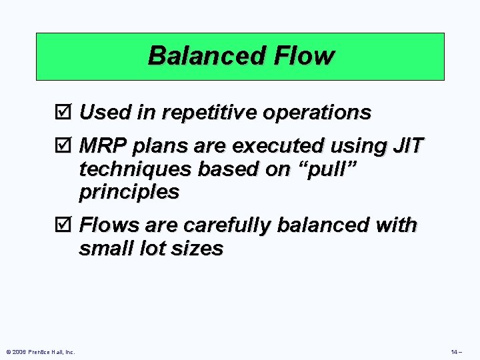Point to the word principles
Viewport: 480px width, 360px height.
click(129, 193)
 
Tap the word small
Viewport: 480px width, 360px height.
click(103, 249)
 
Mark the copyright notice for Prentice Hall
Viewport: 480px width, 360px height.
click(40, 351)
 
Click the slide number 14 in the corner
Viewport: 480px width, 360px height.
click(457, 351)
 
